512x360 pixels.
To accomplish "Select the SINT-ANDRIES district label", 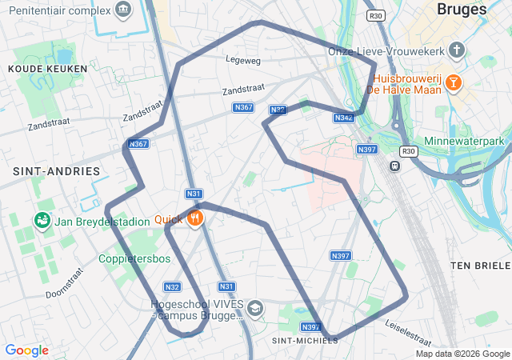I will pyautogui.click(x=56, y=171).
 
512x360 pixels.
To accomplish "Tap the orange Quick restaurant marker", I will pyautogui.click(x=194, y=218).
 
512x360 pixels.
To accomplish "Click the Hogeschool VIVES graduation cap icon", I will pyautogui.click(x=255, y=308).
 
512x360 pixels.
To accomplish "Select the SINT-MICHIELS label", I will pyautogui.click(x=305, y=340).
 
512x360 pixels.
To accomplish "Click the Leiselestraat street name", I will pyautogui.click(x=408, y=328).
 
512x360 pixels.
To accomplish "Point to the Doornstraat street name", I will pyautogui.click(x=64, y=282).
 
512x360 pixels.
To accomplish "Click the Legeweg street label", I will pyautogui.click(x=243, y=60).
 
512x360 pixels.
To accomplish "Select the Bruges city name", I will pyautogui.click(x=462, y=10).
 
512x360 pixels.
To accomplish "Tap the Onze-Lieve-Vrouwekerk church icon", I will pyautogui.click(x=456, y=50).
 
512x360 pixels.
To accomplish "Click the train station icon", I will pyautogui.click(x=394, y=166).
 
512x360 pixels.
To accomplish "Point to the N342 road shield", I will pyautogui.click(x=343, y=118).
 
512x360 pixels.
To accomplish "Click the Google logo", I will pyautogui.click(x=26, y=350).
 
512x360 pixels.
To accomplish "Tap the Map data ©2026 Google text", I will pyautogui.click(x=462, y=354).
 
